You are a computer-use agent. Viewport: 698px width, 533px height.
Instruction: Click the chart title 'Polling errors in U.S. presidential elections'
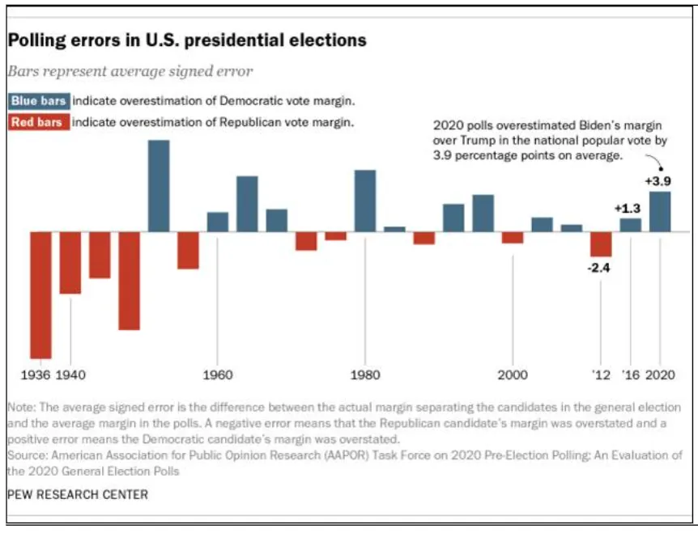tap(187, 40)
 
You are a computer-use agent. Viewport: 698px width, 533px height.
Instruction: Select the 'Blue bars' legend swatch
tap(38, 101)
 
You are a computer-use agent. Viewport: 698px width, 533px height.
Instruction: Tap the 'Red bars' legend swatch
tap(38, 122)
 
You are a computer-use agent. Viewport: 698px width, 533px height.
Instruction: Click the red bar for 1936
tap(40, 294)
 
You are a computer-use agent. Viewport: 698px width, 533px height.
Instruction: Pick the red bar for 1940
tap(70, 263)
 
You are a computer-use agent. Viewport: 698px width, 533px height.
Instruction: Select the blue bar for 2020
tap(660, 211)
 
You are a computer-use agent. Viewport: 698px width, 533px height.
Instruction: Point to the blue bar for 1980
tap(365, 201)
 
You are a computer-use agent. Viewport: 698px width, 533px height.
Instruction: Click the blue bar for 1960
tap(218, 222)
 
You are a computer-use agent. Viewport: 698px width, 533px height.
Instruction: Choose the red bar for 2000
tap(513, 238)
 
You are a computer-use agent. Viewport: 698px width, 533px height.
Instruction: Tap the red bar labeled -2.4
tap(601, 244)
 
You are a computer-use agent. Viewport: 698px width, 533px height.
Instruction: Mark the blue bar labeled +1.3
tap(631, 225)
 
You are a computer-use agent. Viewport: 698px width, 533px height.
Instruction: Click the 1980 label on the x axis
tap(365, 375)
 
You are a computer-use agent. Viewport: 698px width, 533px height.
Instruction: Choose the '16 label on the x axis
tap(630, 375)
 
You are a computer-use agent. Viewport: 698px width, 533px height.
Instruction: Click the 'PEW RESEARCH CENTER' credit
tap(78, 494)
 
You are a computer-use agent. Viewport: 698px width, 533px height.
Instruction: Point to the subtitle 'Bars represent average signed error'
tap(130, 71)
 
